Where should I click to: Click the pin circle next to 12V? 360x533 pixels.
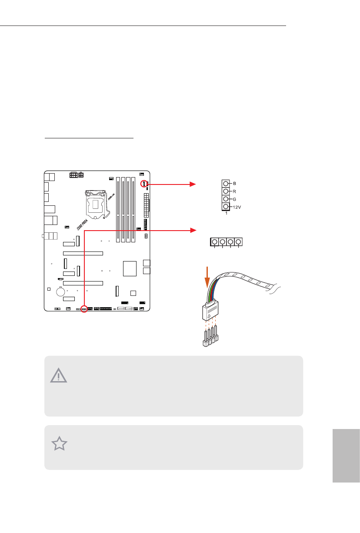pyautogui.click(x=226, y=207)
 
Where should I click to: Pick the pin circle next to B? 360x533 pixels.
pyautogui.click(x=226, y=183)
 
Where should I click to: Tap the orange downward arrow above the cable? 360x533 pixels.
pyautogui.click(x=207, y=276)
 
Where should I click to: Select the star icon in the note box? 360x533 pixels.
pyautogui.click(x=60, y=444)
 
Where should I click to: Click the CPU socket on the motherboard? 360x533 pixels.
pyautogui.click(x=96, y=204)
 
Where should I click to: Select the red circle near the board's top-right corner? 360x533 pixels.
pyautogui.click(x=143, y=184)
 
